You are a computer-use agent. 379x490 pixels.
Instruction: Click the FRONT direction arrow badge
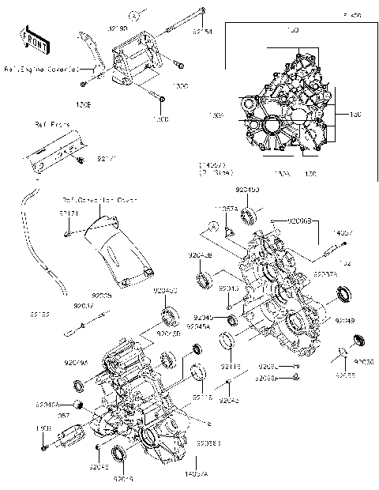click(x=31, y=39)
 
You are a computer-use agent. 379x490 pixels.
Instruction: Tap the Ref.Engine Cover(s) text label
click(x=39, y=70)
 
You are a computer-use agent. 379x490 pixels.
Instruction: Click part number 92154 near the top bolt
click(x=202, y=32)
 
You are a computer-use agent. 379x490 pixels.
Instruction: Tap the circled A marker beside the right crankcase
click(x=212, y=228)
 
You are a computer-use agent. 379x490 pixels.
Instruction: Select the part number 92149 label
click(x=345, y=321)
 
